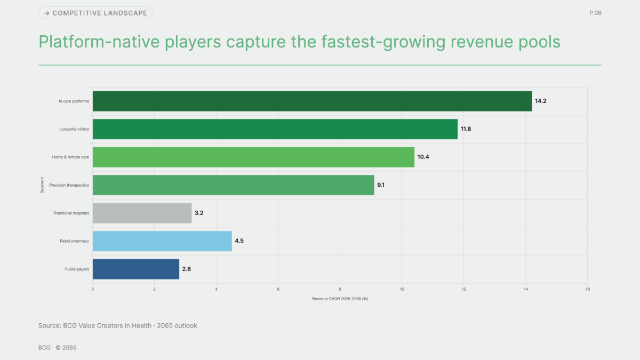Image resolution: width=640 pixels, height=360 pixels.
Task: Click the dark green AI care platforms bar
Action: point(313,101)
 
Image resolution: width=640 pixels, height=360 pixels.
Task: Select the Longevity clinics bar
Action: point(275,129)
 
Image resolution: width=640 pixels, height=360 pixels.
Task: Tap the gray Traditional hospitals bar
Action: point(142,213)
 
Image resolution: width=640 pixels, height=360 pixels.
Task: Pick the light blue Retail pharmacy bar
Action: point(162,241)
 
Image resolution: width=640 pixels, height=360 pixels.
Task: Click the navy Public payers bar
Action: point(136,269)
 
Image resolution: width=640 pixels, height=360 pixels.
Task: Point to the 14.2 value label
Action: point(541,101)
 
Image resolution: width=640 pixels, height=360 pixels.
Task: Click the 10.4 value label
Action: point(423,157)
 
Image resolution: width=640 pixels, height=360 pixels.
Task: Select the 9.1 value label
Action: point(381,185)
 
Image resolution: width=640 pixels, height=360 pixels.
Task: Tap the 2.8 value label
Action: point(187,269)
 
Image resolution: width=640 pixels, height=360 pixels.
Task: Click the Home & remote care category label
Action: point(70,157)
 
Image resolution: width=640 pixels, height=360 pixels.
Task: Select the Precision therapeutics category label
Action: point(69,185)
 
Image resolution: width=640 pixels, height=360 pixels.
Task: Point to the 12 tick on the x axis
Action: point(463,289)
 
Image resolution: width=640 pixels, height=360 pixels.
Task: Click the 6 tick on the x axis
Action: point(278,289)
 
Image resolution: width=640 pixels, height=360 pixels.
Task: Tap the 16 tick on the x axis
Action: point(587,289)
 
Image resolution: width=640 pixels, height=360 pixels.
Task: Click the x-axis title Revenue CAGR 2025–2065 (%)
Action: point(340,299)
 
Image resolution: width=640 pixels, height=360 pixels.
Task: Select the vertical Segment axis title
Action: point(42,185)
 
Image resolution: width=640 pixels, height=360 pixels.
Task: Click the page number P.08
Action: point(595,13)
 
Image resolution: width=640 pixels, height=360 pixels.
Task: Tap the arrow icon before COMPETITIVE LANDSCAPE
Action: point(47,13)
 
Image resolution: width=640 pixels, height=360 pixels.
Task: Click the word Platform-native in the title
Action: point(99,42)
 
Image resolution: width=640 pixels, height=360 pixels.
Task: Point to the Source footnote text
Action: point(118,326)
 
